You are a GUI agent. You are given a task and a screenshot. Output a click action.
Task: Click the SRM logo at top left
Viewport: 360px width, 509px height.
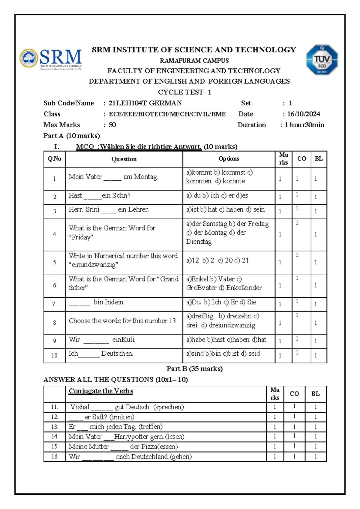point(51,59)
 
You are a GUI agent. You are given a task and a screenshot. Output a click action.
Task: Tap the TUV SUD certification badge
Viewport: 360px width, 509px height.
point(322,59)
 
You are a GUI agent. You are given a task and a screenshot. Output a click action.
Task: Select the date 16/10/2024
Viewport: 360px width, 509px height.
point(303,114)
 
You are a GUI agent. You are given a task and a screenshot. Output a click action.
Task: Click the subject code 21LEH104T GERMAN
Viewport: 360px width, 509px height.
point(145,103)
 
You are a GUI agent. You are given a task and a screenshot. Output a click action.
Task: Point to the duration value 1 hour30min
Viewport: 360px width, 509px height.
point(304,125)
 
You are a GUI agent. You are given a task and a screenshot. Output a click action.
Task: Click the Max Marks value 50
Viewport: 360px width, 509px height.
point(112,125)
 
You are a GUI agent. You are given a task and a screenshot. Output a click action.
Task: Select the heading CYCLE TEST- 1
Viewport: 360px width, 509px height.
point(185,92)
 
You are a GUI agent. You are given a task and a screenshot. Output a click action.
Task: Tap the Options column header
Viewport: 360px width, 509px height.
point(229,159)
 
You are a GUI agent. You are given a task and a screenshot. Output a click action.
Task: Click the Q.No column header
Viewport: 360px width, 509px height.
point(54,159)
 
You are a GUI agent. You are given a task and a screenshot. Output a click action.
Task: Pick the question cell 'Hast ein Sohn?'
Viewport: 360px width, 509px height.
point(100,196)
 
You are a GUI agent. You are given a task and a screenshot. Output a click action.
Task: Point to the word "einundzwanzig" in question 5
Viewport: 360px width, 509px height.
point(93,265)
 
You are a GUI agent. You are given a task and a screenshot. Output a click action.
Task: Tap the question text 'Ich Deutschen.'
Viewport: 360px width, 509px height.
point(100,354)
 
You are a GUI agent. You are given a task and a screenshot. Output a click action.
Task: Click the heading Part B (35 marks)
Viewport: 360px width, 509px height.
point(194,369)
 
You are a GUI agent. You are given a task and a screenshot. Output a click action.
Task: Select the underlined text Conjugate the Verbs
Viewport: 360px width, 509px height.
point(101,391)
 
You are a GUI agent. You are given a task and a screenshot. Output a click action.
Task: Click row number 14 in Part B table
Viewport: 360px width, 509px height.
point(54,437)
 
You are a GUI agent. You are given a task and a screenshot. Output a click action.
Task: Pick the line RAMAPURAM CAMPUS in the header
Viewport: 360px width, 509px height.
point(194,61)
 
